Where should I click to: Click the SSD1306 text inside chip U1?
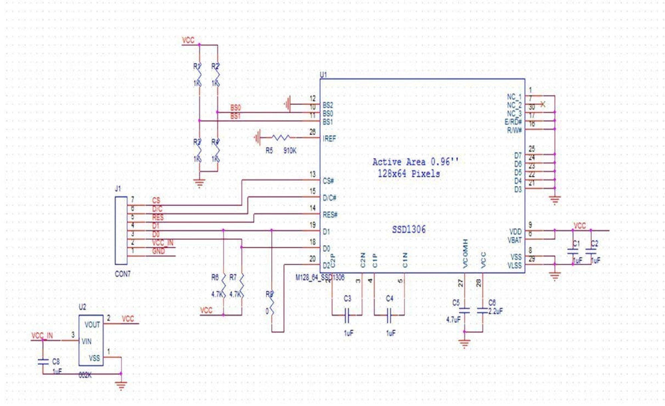click(x=409, y=229)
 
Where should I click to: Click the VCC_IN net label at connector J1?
click(x=164, y=242)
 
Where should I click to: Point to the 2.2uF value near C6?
click(x=495, y=310)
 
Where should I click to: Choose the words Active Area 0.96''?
click(x=415, y=161)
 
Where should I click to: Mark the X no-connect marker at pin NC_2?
click(x=544, y=104)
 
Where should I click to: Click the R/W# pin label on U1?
click(x=513, y=130)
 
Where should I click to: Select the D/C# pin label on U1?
click(x=330, y=198)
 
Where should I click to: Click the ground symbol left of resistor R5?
click(x=257, y=138)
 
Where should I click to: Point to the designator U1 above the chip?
click(x=323, y=75)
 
